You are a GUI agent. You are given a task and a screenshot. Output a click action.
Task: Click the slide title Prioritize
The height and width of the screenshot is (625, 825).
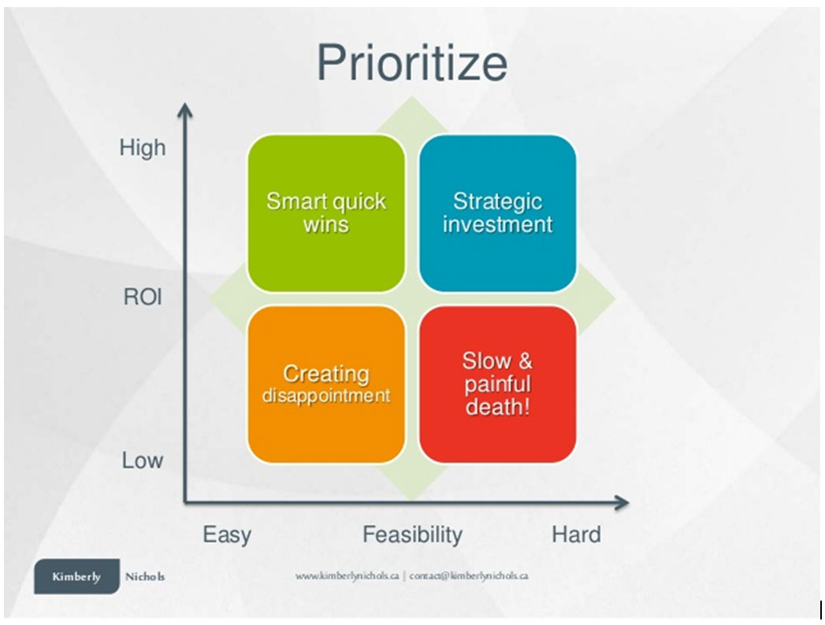click(x=412, y=64)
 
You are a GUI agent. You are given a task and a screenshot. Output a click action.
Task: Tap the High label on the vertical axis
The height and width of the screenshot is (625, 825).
click(x=143, y=148)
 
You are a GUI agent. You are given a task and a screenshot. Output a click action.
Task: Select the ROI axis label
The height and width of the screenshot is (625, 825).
click(x=143, y=297)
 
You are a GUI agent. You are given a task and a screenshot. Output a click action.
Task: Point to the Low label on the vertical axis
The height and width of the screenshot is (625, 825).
click(x=143, y=460)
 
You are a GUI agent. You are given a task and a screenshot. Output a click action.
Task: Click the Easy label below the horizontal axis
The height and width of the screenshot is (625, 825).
click(x=227, y=535)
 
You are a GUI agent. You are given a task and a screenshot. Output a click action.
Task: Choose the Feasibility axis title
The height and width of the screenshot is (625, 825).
click(x=413, y=534)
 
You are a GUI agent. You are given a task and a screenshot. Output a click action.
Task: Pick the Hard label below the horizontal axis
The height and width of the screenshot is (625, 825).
click(x=576, y=534)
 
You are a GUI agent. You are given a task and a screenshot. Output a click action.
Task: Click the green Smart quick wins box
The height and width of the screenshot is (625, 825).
click(x=326, y=213)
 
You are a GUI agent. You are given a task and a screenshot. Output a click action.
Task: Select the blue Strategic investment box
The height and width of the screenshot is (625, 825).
click(x=498, y=213)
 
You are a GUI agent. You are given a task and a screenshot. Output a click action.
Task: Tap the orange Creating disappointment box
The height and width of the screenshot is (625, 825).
click(x=326, y=385)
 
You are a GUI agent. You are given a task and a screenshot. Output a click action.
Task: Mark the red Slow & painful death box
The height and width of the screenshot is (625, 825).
click(x=498, y=385)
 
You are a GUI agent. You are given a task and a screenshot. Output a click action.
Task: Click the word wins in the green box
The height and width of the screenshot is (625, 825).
click(x=326, y=225)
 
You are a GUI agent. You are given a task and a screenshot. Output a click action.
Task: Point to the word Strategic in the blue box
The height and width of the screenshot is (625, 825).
click(x=498, y=202)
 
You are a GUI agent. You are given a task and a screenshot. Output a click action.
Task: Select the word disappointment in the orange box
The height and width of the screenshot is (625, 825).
click(x=326, y=395)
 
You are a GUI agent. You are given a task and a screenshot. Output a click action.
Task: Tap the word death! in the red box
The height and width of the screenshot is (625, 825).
click(x=498, y=407)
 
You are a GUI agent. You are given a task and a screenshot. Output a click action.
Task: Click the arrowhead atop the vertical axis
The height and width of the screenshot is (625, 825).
click(x=184, y=109)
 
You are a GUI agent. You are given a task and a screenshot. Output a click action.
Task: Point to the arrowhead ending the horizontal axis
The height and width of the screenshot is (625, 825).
click(x=622, y=503)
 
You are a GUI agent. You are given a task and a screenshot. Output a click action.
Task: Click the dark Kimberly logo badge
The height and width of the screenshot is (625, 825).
click(x=76, y=576)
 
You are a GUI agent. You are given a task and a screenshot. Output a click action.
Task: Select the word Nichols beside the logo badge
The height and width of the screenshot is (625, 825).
click(x=145, y=577)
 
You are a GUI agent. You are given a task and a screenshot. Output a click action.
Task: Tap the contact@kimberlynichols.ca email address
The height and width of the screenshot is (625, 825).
click(x=469, y=575)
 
